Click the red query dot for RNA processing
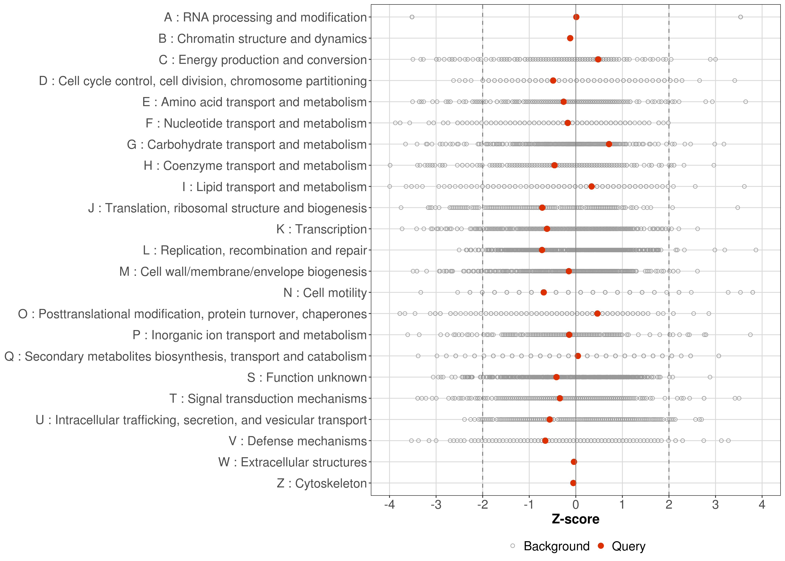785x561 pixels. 576,17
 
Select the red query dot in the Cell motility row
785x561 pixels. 544,292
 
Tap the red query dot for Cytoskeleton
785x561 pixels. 573,483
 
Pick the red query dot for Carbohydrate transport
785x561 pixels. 609,144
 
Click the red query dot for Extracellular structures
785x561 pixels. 574,462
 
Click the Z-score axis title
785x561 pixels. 575,519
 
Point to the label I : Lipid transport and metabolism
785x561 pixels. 274,187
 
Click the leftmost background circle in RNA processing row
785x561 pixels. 412,17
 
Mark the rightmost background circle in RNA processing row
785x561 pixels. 741,17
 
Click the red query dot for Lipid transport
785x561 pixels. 591,187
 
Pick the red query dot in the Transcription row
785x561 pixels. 547,229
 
